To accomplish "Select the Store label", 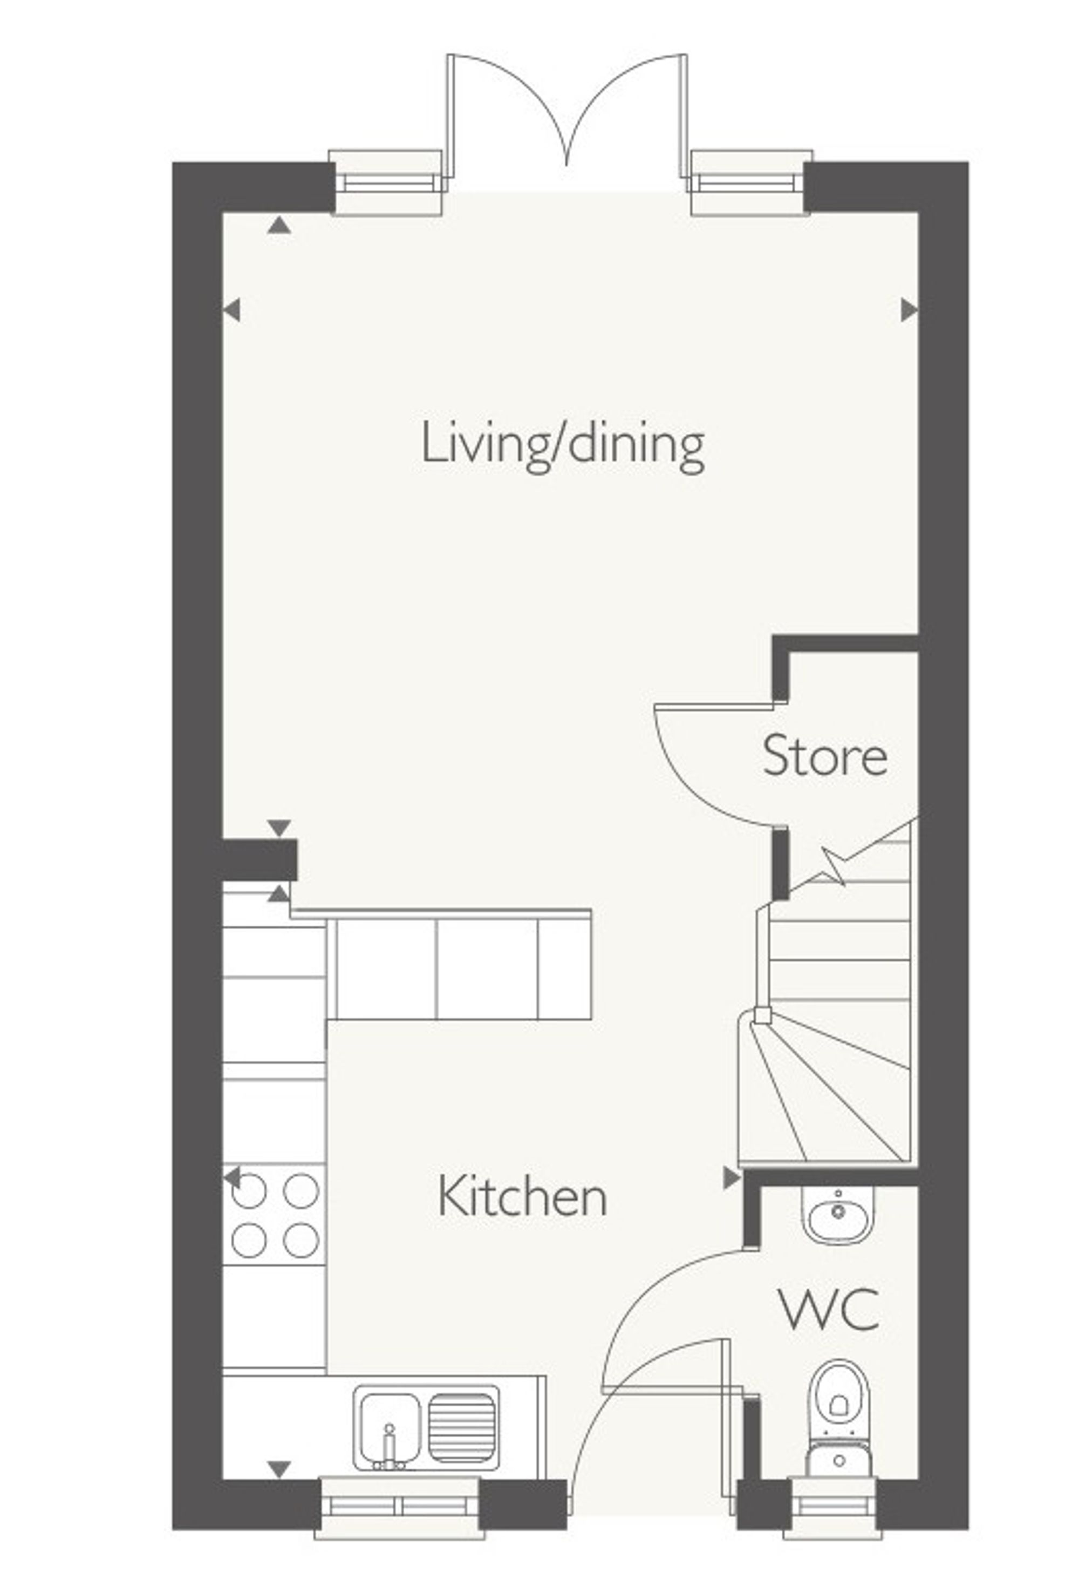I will tap(824, 756).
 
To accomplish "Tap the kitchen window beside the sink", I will tap(399, 1503).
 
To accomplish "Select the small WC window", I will tap(832, 1503).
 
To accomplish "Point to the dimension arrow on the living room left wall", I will tap(232, 310).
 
